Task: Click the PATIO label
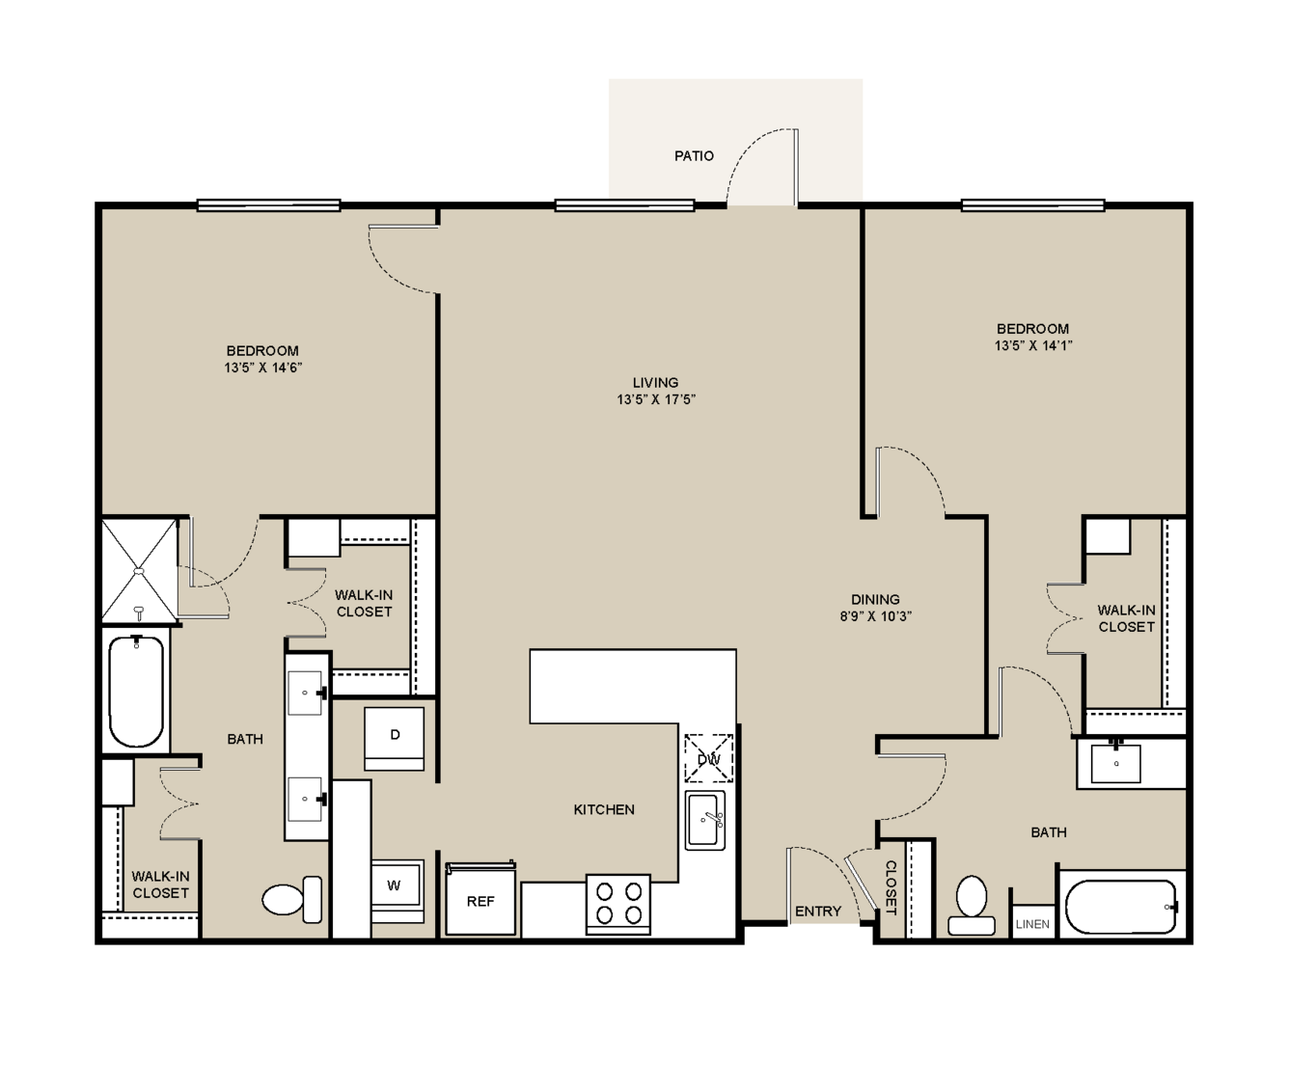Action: tap(694, 156)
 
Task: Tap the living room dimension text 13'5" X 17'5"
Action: tap(656, 399)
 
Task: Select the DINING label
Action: tap(875, 599)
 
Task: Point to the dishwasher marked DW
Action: tap(709, 759)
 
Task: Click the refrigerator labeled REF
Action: tap(480, 900)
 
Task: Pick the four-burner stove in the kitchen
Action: tap(617, 905)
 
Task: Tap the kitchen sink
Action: tap(705, 821)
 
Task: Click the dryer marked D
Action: tap(394, 738)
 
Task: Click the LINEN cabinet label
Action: tap(1032, 924)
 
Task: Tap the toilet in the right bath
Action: tap(971, 905)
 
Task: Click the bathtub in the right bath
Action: tap(1121, 907)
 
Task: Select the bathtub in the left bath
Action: tap(136, 691)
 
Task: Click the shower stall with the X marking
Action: tap(140, 571)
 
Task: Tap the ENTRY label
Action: tap(818, 912)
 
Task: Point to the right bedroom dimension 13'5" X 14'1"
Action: tap(1032, 345)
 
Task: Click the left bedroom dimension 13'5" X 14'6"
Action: tap(263, 368)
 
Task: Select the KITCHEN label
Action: tap(604, 810)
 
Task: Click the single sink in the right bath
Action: tap(1115, 764)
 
